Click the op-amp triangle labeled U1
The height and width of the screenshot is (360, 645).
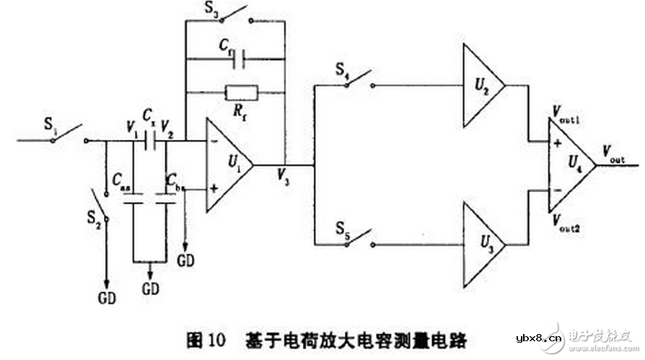pos(227,164)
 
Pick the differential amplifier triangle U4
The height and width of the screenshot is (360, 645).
pos(570,164)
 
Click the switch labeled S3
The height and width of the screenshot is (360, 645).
pos(232,18)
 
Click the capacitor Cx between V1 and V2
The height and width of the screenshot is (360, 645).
pos(151,141)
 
